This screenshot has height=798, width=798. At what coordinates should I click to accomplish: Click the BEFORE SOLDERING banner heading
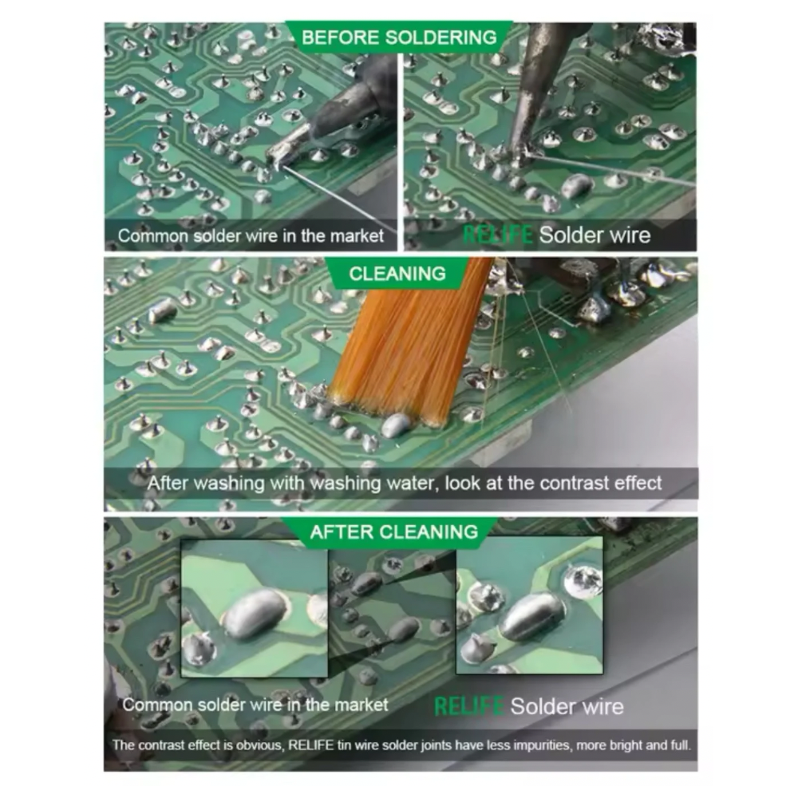pyautogui.click(x=398, y=38)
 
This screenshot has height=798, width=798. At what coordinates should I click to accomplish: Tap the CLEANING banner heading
pyautogui.click(x=397, y=274)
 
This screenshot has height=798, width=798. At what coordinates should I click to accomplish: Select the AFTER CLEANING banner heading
pyautogui.click(x=394, y=532)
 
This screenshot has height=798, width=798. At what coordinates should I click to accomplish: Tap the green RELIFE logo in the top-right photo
pyautogui.click(x=497, y=235)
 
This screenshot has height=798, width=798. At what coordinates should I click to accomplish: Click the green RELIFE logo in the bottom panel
pyautogui.click(x=468, y=706)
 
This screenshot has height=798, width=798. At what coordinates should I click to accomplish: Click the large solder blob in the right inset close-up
pyautogui.click(x=531, y=614)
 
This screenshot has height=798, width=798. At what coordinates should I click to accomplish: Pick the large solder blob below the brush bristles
pyautogui.click(x=398, y=425)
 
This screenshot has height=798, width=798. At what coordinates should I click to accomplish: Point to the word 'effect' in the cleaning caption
pyautogui.click(x=638, y=483)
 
